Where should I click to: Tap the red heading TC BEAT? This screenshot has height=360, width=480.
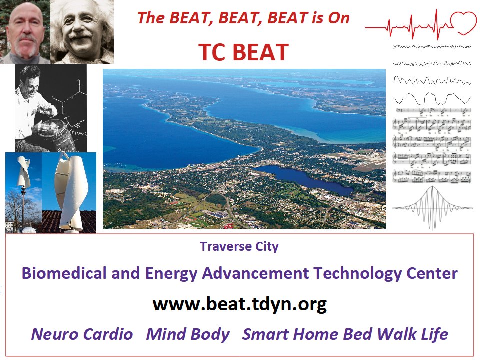[x=243, y=52]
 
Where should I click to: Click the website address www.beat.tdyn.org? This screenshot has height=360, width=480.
[x=240, y=304]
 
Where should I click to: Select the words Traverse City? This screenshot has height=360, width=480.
[x=239, y=246]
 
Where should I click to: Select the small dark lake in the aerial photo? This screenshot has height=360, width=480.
[x=303, y=179]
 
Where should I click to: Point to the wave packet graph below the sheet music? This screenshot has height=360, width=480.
[x=432, y=208]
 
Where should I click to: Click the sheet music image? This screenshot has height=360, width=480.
[x=432, y=145]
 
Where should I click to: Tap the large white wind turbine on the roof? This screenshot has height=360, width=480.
[x=71, y=193]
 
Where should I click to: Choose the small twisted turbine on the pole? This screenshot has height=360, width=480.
[x=23, y=171]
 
